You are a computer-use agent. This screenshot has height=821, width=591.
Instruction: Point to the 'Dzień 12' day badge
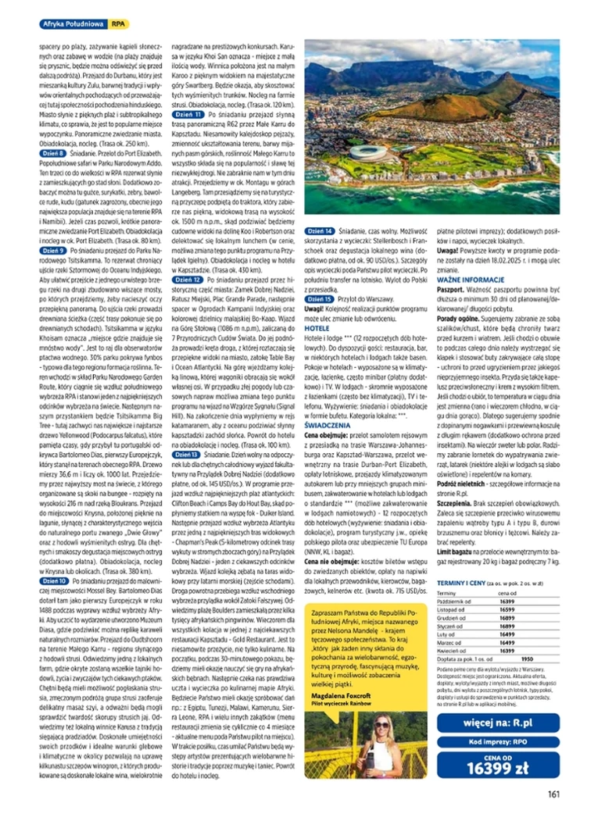coord(187,278)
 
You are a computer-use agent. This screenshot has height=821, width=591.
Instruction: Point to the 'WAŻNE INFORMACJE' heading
coord(464,278)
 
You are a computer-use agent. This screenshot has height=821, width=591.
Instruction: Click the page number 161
coord(553,795)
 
